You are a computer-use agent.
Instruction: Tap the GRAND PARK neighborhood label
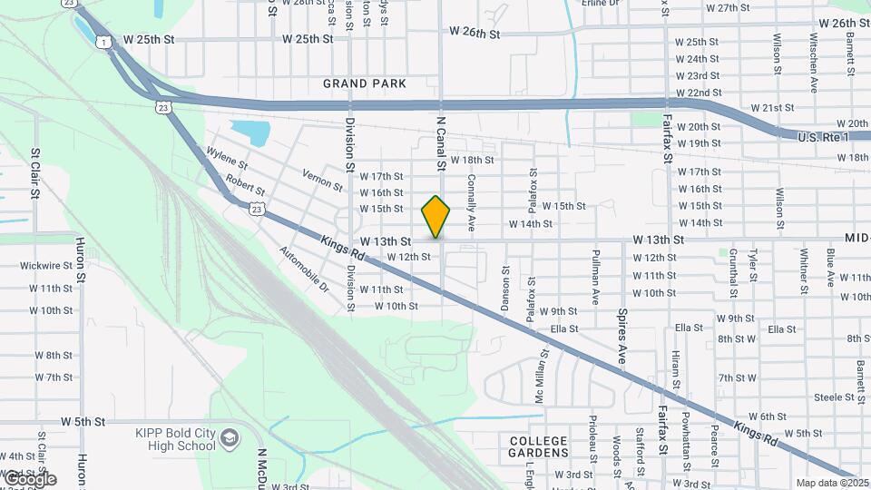(365, 83)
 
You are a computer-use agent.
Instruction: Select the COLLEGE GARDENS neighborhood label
(538, 446)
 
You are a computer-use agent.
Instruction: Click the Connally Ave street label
(472, 203)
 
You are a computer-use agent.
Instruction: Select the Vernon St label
(323, 181)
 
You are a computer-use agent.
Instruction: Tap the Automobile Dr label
(303, 269)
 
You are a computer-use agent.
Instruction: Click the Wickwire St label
(48, 266)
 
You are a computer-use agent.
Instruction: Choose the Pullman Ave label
(596, 276)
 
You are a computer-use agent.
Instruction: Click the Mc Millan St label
(542, 378)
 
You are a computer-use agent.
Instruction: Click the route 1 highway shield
(105, 42)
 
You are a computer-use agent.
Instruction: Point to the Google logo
(29, 479)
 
